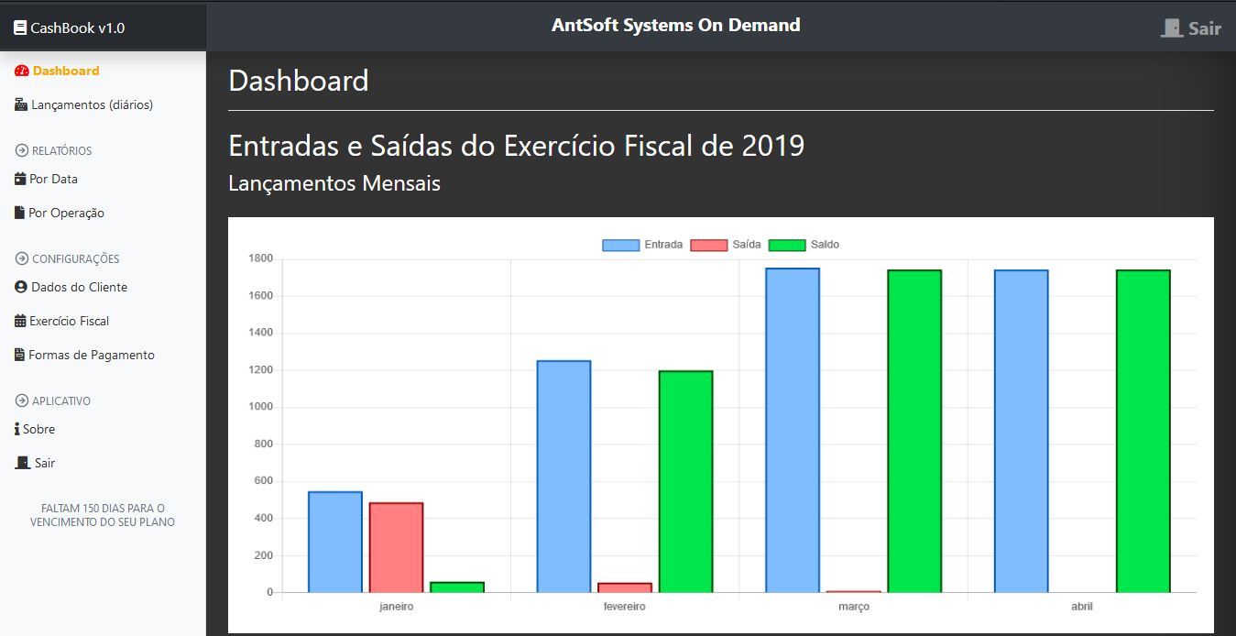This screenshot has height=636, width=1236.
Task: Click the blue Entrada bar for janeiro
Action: pyautogui.click(x=335, y=542)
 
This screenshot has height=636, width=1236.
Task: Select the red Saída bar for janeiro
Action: pyautogui.click(x=396, y=547)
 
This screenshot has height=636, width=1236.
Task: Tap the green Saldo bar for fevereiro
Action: pyautogui.click(x=685, y=481)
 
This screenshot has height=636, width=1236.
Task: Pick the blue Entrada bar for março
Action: pyautogui.click(x=793, y=430)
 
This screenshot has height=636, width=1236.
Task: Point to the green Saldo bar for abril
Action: pyautogui.click(x=1143, y=431)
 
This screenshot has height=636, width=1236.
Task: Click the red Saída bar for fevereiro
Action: pyautogui.click(x=625, y=587)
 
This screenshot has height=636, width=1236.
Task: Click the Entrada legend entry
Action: pyautogui.click(x=642, y=245)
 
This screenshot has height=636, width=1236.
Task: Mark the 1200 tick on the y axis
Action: pyautogui.click(x=261, y=370)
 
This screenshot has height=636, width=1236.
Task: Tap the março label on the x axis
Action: pyautogui.click(x=853, y=607)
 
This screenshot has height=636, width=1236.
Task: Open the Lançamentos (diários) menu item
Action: pyautogui.click(x=92, y=104)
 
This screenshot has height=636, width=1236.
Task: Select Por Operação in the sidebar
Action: pyautogui.click(x=66, y=213)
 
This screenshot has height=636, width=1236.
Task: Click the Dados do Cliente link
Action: pyautogui.click(x=79, y=287)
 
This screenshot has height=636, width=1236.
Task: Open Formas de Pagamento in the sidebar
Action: pyautogui.click(x=92, y=355)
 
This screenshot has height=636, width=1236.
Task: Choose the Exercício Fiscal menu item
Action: pyautogui.click(x=69, y=321)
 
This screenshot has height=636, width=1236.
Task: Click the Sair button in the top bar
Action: pyautogui.click(x=1191, y=28)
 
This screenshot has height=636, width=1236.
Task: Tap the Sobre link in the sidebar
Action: pyautogui.click(x=38, y=429)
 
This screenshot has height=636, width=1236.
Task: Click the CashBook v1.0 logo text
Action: pyautogui.click(x=77, y=27)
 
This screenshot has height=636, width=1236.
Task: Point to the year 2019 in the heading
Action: pyautogui.click(x=773, y=146)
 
